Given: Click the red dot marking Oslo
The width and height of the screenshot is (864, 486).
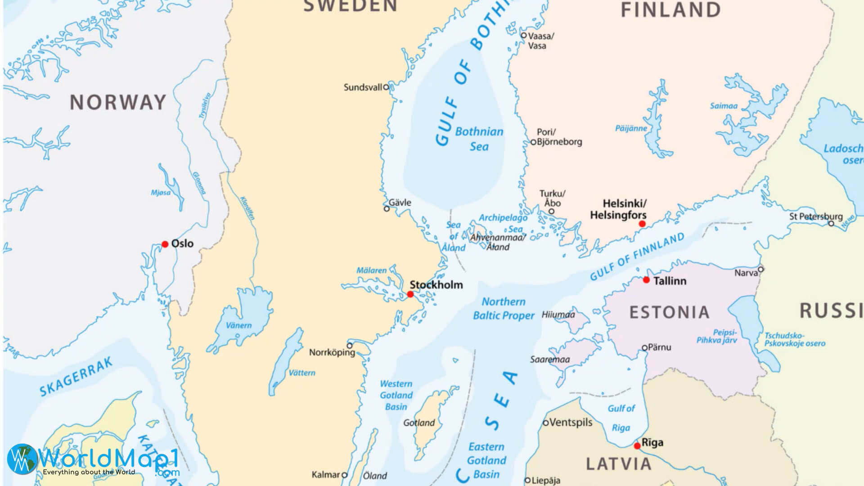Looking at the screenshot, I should click(x=165, y=244).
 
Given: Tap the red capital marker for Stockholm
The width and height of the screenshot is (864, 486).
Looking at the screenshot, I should click(x=410, y=294).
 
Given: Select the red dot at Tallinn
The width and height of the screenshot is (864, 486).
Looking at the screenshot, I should click(x=646, y=280).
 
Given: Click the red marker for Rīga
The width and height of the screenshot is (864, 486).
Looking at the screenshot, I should click(x=637, y=446).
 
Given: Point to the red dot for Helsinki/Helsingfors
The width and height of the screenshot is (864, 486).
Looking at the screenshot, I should click(x=642, y=224).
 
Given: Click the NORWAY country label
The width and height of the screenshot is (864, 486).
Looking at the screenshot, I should click(x=118, y=103).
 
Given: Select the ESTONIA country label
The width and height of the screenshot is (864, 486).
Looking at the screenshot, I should click(x=669, y=312).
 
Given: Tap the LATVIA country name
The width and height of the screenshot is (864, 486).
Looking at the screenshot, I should click(x=618, y=463).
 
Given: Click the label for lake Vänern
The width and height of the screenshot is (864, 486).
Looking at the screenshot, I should click(x=238, y=325).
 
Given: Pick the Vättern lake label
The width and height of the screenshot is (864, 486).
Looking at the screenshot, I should click(x=301, y=373).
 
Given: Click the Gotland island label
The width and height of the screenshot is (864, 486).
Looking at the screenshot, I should click(x=418, y=423).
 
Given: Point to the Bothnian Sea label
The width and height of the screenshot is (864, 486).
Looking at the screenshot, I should click(x=479, y=139).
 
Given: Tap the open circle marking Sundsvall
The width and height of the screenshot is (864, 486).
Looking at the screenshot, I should click(x=386, y=87).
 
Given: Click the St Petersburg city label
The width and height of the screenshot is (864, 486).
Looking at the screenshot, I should click(x=815, y=216).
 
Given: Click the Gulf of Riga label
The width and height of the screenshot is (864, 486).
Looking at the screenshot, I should click(x=621, y=418).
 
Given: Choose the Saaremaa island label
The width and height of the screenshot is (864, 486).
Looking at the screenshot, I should click(x=549, y=359).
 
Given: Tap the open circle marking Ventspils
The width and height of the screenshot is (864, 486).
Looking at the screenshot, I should click(x=546, y=423).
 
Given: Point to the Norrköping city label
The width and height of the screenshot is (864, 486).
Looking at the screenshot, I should click(x=332, y=352).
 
